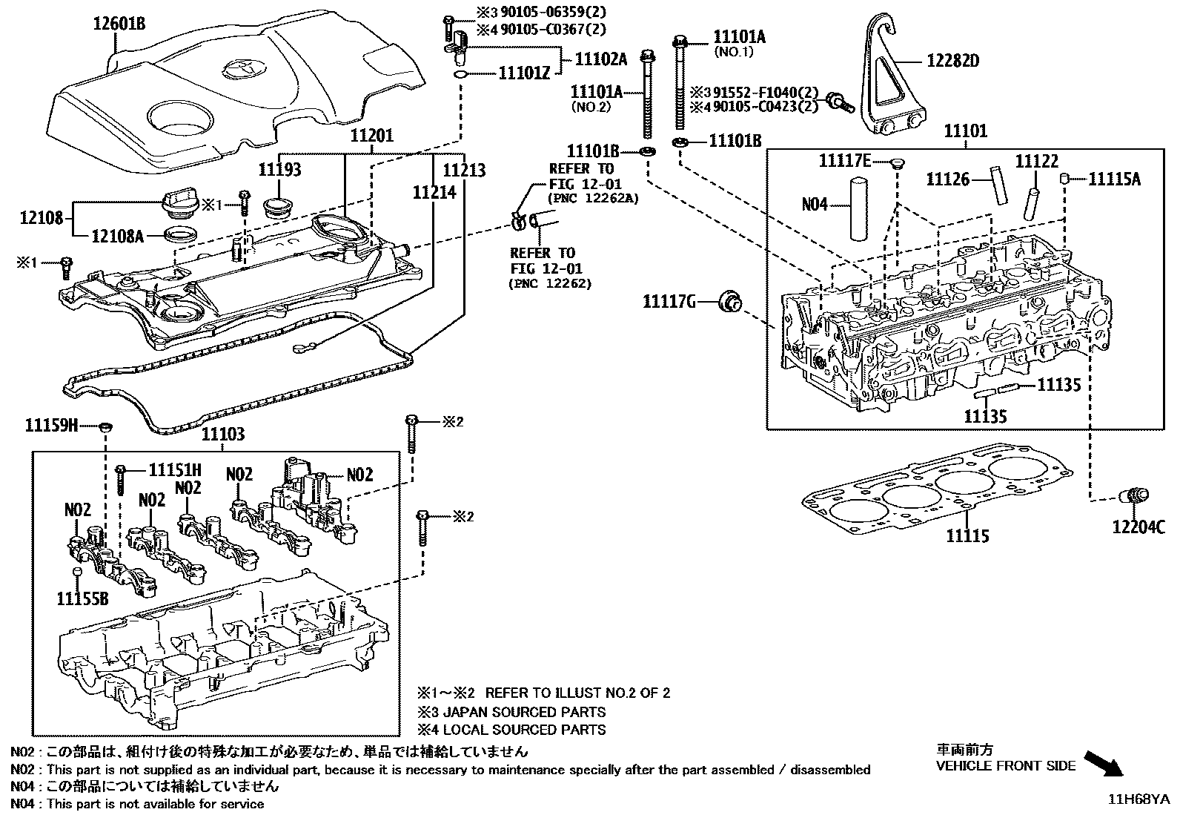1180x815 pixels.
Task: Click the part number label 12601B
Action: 119,24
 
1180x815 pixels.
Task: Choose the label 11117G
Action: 669,301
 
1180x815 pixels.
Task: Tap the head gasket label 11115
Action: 967,536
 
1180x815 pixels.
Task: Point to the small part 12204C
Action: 1134,498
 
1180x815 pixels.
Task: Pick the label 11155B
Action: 82,598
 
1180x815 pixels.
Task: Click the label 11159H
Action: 51,425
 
